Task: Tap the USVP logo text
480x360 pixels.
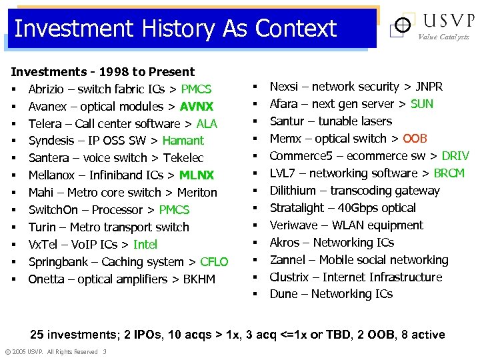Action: pyautogui.click(x=446, y=21)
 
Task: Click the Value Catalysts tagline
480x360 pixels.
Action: pyautogui.click(x=443, y=37)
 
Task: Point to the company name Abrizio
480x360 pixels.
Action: pyautogui.click(x=49, y=89)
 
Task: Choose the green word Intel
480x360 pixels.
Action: pyautogui.click(x=145, y=245)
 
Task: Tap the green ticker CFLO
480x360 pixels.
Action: pyautogui.click(x=213, y=262)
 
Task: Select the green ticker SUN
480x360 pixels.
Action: pyautogui.click(x=422, y=104)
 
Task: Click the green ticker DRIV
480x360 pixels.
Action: pyautogui.click(x=455, y=156)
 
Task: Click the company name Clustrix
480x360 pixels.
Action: pyautogui.click(x=289, y=277)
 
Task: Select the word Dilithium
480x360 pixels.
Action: pyautogui.click(x=293, y=191)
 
